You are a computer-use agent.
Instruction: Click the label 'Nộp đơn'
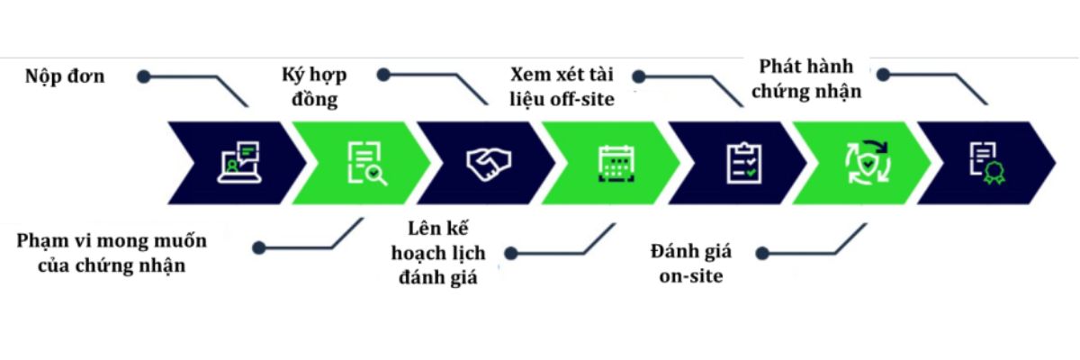pyautogui.click(x=65, y=76)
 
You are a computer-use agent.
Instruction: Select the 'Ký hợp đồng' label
pyautogui.click(x=314, y=87)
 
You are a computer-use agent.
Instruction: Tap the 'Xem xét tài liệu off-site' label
pyautogui.click(x=562, y=87)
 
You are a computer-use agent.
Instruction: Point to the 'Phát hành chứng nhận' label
pyautogui.click(x=806, y=79)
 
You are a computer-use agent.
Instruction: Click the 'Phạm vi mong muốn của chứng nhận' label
pyautogui.click(x=112, y=253)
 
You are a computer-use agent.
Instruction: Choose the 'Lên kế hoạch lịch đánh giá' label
pyautogui.click(x=438, y=253)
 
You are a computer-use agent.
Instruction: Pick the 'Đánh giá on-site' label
pyautogui.click(x=691, y=264)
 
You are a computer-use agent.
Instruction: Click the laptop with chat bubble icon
pyautogui.click(x=239, y=162)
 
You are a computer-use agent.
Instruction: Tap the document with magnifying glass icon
pyautogui.click(x=367, y=163)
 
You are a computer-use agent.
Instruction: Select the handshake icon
pyautogui.click(x=489, y=164)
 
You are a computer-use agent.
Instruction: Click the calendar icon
pyautogui.click(x=616, y=164)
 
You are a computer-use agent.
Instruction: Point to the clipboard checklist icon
pyautogui.click(x=744, y=163)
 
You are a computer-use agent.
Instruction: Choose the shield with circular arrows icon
pyautogui.click(x=868, y=162)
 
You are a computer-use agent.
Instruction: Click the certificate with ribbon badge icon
pyautogui.click(x=988, y=164)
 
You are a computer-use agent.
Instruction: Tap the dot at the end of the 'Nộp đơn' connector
pyautogui.click(x=144, y=76)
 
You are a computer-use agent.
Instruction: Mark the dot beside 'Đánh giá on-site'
pyautogui.click(x=762, y=254)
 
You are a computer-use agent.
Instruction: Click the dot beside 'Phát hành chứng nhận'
pyautogui.click(x=883, y=75)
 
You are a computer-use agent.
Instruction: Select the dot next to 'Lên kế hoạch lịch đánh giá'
pyautogui.click(x=511, y=254)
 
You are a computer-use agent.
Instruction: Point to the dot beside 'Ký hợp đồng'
pyautogui.click(x=383, y=75)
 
